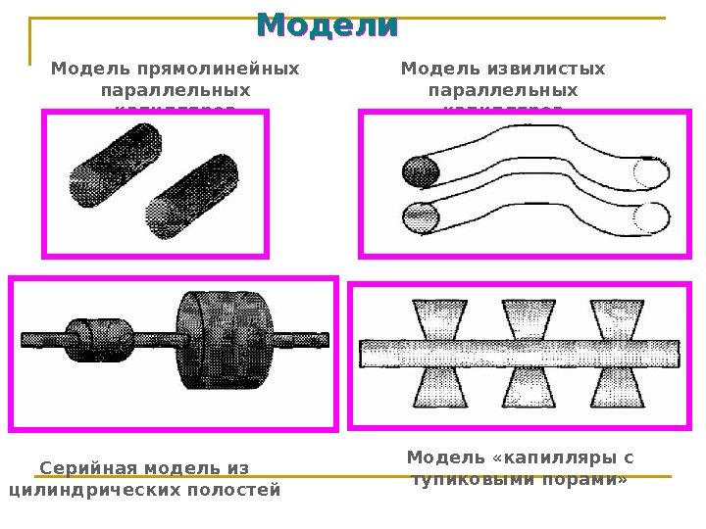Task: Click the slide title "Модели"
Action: (328, 25)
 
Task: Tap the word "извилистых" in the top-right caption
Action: (544, 70)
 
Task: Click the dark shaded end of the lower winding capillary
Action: (420, 215)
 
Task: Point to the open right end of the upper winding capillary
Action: (650, 172)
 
